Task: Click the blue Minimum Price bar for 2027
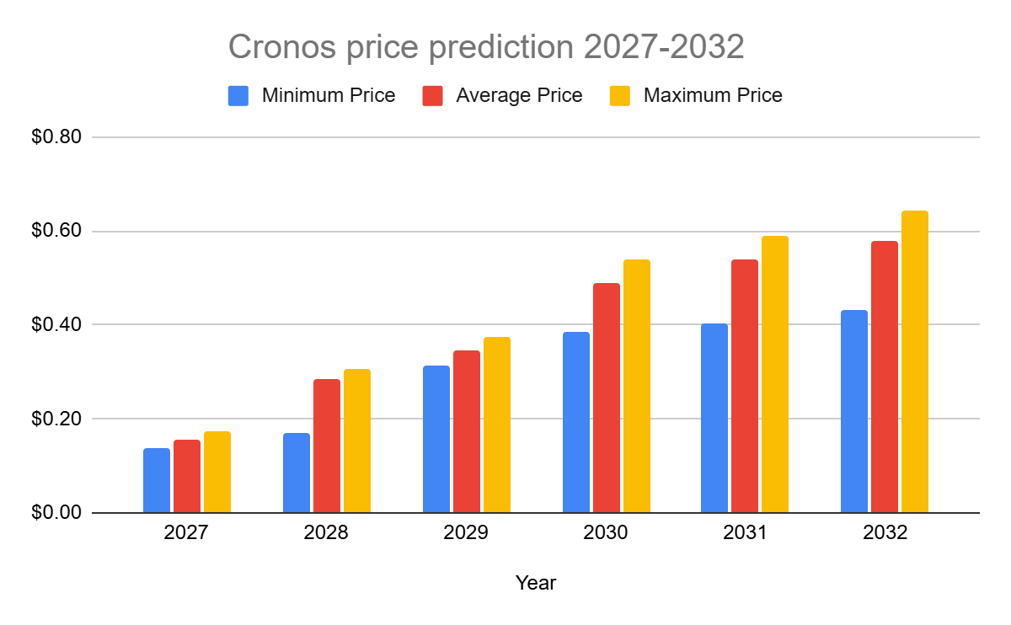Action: (x=157, y=480)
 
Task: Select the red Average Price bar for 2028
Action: (x=327, y=446)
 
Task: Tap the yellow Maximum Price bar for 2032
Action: (x=915, y=361)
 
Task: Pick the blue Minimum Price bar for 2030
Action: (x=576, y=422)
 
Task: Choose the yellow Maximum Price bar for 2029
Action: (x=497, y=425)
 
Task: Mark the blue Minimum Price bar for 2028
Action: (x=297, y=473)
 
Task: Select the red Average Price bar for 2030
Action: (x=607, y=398)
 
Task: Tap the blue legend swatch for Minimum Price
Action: (x=238, y=95)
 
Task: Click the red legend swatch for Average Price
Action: (x=433, y=95)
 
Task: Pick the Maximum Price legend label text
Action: (x=713, y=95)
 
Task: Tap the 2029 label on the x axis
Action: (x=467, y=534)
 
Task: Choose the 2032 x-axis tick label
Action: (x=885, y=534)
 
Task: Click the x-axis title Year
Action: (x=536, y=583)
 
